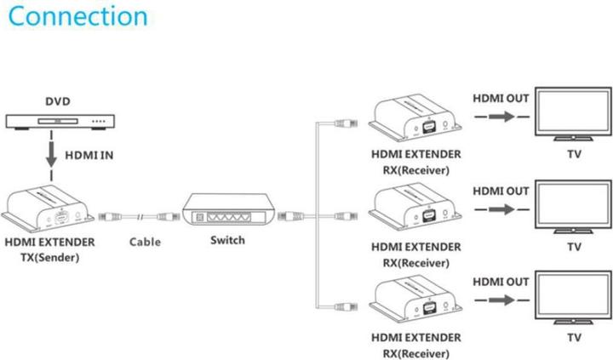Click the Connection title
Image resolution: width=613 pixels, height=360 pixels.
point(74,17)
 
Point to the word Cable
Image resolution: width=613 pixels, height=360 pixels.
point(145,242)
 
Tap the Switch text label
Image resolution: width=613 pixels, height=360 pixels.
point(227,240)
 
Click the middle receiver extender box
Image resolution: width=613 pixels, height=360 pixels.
point(415,210)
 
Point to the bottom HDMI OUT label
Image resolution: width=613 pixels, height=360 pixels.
point(501,281)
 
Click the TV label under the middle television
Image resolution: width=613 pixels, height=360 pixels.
point(574,247)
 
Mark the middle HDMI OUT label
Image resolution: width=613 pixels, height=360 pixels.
point(501,190)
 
